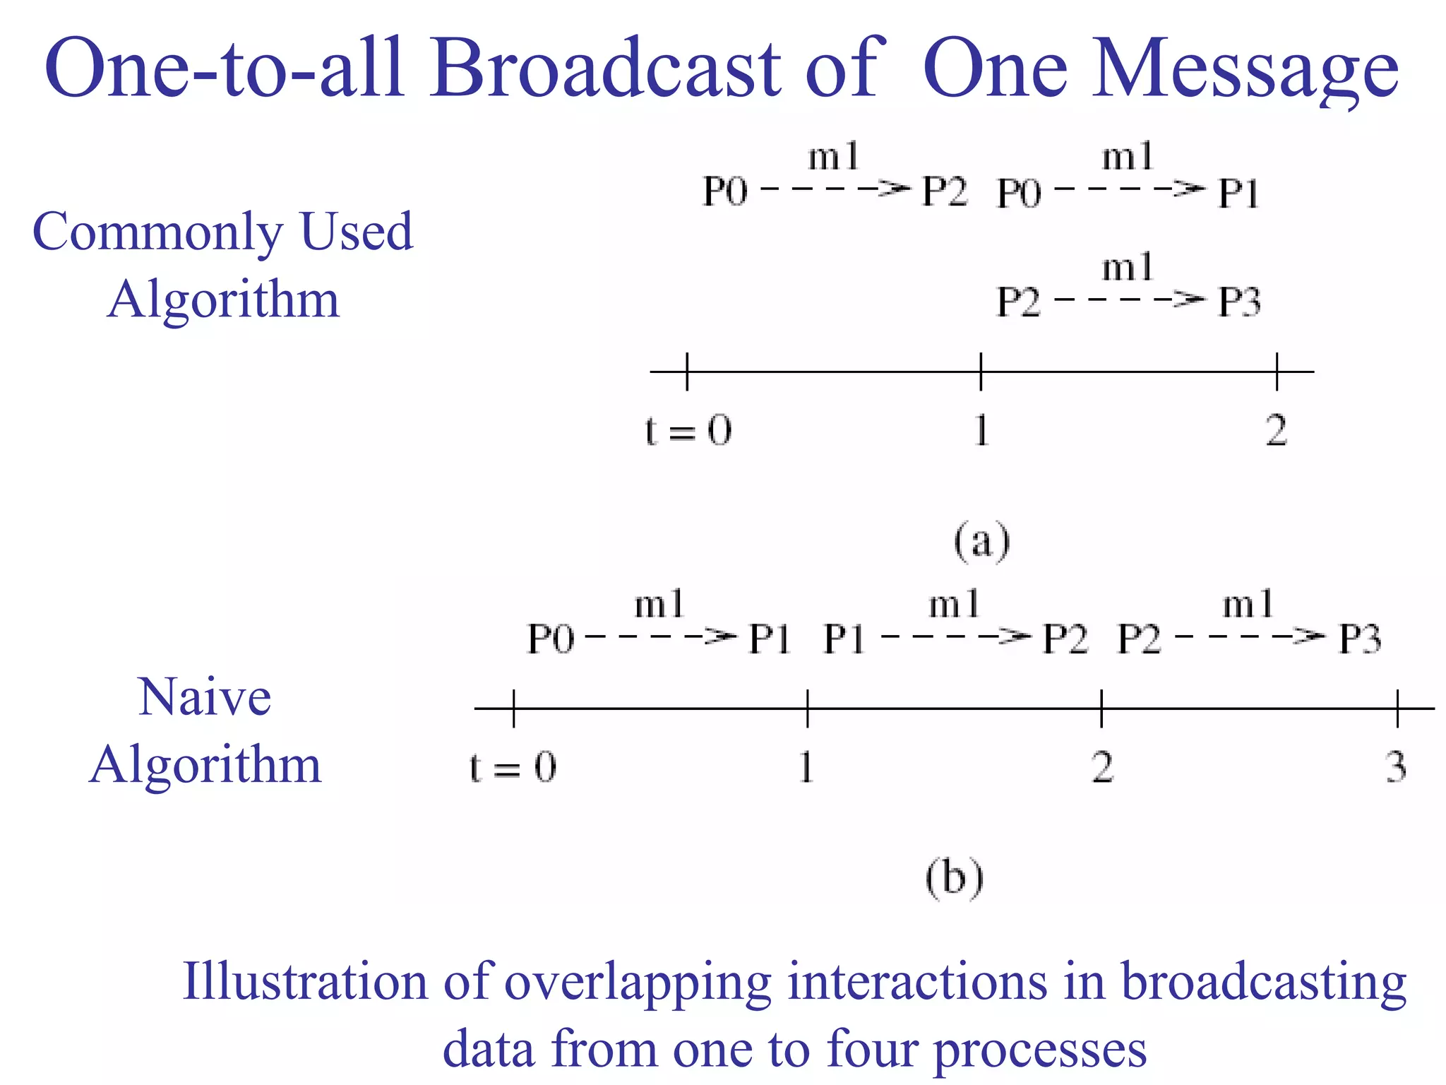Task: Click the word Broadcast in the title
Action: click(606, 69)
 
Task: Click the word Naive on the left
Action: click(205, 697)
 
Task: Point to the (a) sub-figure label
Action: click(982, 542)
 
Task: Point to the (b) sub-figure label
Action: click(954, 878)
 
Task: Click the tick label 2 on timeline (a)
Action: click(1276, 429)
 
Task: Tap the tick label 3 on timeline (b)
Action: click(1396, 766)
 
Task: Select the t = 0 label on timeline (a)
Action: click(688, 429)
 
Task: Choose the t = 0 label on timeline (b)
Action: click(513, 766)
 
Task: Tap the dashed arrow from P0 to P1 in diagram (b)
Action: click(661, 637)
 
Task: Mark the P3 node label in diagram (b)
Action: click(1360, 639)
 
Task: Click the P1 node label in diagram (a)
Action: click(1239, 192)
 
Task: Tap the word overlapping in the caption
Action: click(638, 982)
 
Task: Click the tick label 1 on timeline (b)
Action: click(806, 766)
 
